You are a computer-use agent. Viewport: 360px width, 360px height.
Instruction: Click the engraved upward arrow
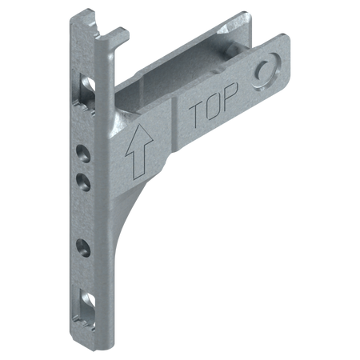(x=139, y=151)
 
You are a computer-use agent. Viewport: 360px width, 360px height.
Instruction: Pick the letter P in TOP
(x=230, y=97)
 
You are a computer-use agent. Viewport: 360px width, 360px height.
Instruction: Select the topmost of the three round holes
(x=83, y=154)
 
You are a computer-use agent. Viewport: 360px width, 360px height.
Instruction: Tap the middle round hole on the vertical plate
(x=83, y=182)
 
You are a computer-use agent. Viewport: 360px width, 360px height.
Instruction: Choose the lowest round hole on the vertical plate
(x=83, y=248)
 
